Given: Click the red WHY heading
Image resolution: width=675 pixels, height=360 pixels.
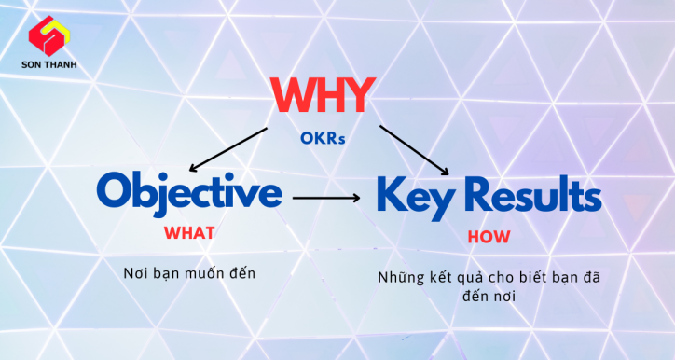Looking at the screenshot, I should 324,95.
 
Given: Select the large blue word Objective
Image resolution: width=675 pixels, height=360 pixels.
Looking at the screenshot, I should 188,193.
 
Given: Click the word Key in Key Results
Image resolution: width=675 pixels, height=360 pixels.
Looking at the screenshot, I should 412,195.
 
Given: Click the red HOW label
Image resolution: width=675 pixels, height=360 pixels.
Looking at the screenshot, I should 488,237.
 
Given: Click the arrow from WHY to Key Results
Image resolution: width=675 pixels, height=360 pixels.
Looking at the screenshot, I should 416,149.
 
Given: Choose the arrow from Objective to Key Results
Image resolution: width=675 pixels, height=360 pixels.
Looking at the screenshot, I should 326,198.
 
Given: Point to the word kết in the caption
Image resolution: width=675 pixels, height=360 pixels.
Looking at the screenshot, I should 441,279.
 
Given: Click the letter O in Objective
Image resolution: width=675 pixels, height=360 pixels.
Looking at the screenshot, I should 116,192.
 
